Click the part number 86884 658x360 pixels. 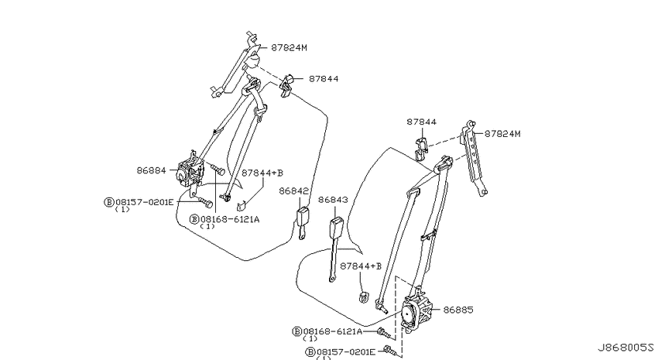pyautogui.click(x=152, y=170)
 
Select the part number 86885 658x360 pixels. pyautogui.click(x=458, y=310)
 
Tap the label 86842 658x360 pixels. pyautogui.click(x=293, y=191)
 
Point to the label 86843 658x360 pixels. pyautogui.click(x=333, y=200)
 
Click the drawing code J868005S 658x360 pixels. pyautogui.click(x=625, y=348)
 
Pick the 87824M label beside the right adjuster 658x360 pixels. pyautogui.click(x=502, y=133)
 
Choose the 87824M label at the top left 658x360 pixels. pyautogui.click(x=289, y=47)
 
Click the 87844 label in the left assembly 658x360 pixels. pyautogui.click(x=324, y=78)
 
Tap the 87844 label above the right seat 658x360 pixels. pyautogui.click(x=421, y=122)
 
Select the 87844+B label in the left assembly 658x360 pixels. pyautogui.click(x=262, y=173)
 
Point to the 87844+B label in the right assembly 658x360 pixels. pyautogui.click(x=361, y=266)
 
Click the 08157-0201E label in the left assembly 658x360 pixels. pyautogui.click(x=144, y=202)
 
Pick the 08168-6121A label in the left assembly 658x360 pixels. pyautogui.click(x=230, y=219)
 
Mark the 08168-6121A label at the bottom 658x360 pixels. pyautogui.click(x=333, y=331)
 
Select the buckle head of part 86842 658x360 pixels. pyautogui.click(x=303, y=217)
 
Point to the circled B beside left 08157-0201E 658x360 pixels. pyautogui.click(x=109, y=202)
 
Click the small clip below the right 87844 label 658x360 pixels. pyautogui.click(x=421, y=149)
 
